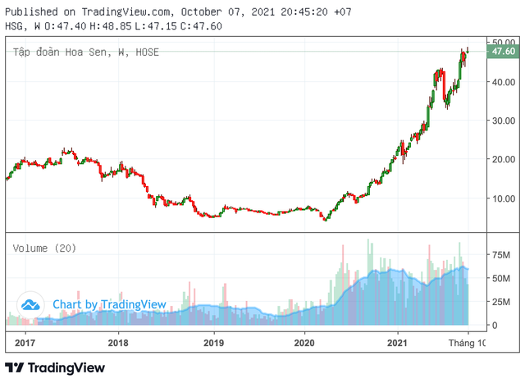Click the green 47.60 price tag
(502, 52)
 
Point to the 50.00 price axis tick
(502, 42)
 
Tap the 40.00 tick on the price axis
(502, 82)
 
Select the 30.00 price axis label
(502, 121)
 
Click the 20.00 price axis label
(502, 159)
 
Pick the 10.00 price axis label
(502, 198)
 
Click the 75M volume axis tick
(501, 255)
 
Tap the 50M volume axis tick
(501, 279)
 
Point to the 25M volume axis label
(501, 302)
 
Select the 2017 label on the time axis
(25, 342)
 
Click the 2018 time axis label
(118, 342)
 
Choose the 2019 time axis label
(213, 342)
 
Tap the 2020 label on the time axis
(304, 342)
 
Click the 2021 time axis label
(399, 342)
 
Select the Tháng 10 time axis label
(470, 342)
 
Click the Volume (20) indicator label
(43, 247)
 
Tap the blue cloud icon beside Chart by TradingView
(31, 304)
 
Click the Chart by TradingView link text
(109, 304)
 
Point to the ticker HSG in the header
(13, 25)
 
